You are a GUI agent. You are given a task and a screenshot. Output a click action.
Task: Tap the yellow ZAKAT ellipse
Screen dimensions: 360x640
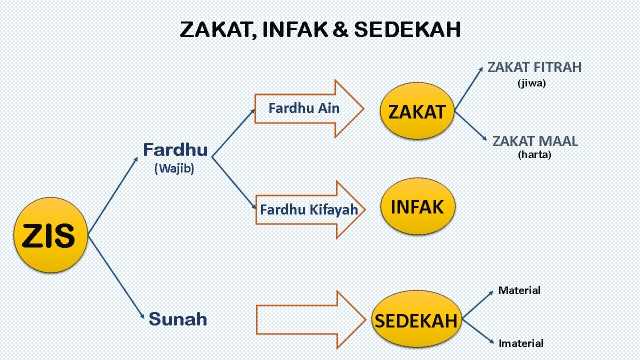tap(416, 111)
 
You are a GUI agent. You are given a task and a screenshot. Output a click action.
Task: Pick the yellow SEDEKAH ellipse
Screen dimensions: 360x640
tap(416, 321)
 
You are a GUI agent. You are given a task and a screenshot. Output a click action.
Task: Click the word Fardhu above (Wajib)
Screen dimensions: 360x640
tap(175, 150)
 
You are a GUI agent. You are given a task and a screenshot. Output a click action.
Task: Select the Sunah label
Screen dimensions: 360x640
tap(178, 320)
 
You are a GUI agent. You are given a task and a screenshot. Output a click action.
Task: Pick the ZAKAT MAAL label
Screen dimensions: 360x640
tap(535, 140)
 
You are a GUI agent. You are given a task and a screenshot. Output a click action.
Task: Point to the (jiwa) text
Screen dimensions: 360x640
tap(531, 83)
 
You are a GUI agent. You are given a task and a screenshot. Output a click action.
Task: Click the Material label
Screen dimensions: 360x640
tap(519, 290)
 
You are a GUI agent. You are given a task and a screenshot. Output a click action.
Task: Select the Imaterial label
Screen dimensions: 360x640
tap(521, 341)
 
